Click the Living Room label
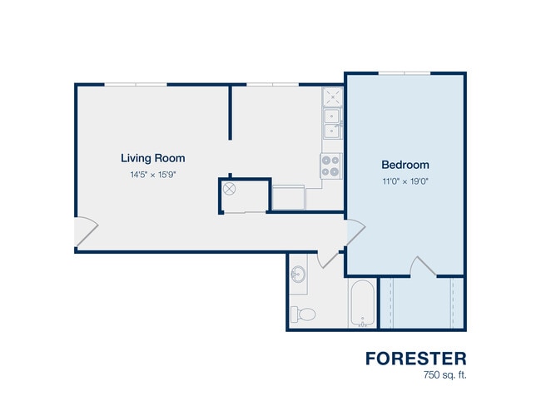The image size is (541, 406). click(x=153, y=158)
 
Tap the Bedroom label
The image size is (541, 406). click(x=405, y=165)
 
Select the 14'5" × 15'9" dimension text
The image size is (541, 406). click(x=153, y=175)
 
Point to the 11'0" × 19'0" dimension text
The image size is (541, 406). click(x=405, y=181)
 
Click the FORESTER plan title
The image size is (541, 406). click(x=416, y=359)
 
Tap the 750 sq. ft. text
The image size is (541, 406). click(x=444, y=374)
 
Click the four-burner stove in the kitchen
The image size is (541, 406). click(x=330, y=166)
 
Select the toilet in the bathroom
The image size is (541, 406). click(x=303, y=314)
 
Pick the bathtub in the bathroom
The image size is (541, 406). click(x=362, y=303)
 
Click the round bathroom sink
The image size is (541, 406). click(x=298, y=275)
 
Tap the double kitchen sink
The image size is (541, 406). click(x=332, y=123)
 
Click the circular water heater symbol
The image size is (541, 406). click(x=229, y=189)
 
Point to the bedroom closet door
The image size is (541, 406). click(x=423, y=266)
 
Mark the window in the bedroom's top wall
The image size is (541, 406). click(x=405, y=73)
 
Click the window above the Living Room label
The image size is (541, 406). click(x=136, y=85)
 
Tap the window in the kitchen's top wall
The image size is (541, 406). click(x=272, y=85)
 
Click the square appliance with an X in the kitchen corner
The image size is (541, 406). click(x=333, y=97)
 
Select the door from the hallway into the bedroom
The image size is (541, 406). click(x=355, y=232)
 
